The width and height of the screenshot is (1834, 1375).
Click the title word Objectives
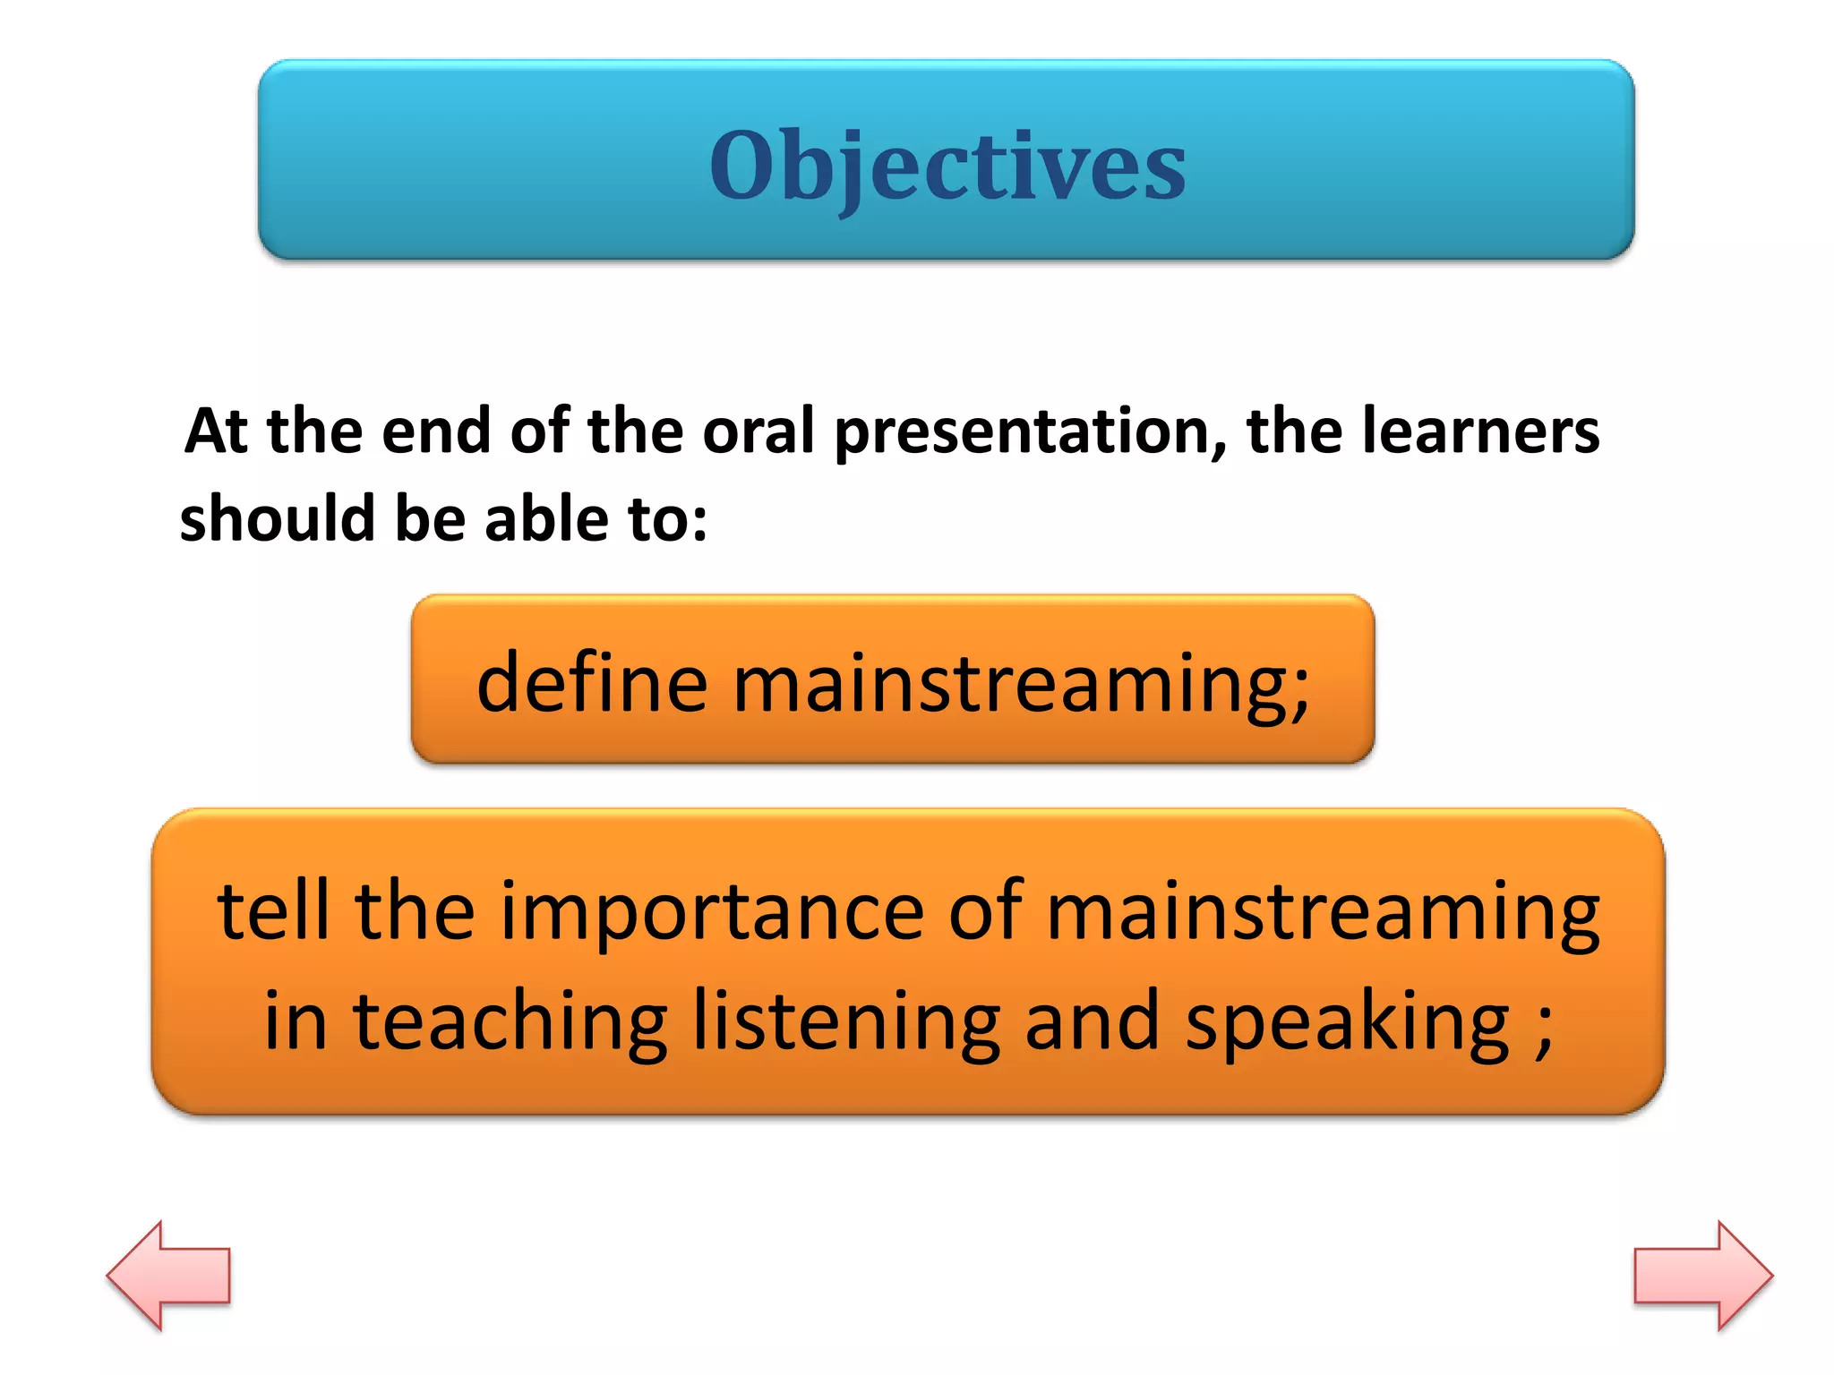947,166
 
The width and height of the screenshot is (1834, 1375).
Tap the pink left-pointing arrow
170,1275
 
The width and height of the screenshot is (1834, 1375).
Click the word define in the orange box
592,683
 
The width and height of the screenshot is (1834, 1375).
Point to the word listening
845,1021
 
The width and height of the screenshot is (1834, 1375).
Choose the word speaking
1348,1023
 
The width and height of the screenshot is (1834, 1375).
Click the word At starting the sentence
215,431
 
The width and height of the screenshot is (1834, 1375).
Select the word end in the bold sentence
435,431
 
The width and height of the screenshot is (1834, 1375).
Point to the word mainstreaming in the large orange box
1323,913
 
